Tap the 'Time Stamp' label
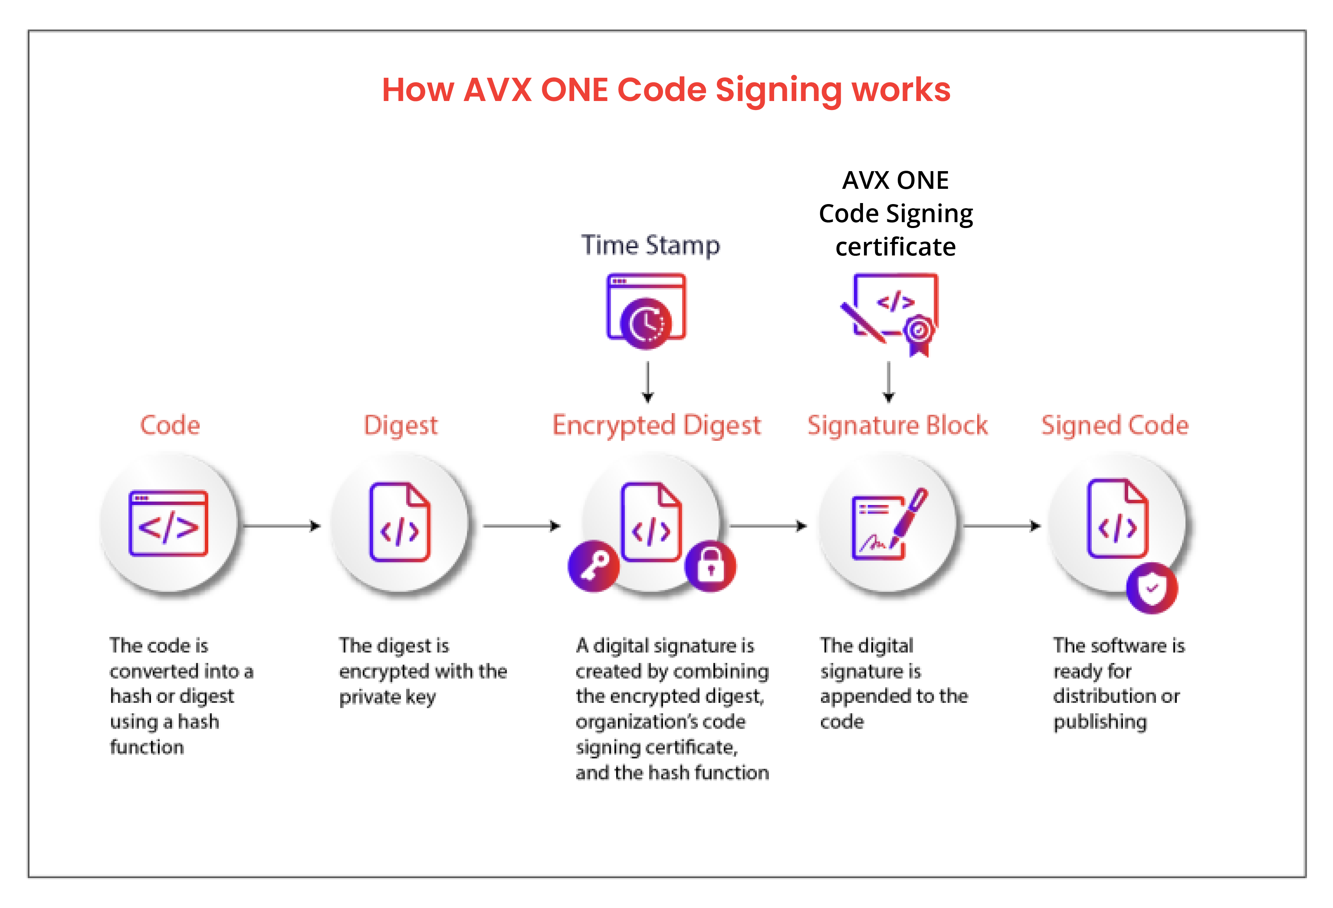651,245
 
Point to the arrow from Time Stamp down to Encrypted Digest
648,381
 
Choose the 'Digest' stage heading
400,425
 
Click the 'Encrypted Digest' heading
656,425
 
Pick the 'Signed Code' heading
1114,425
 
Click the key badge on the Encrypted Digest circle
594,566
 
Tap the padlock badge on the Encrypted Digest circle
711,566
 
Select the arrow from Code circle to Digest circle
281,526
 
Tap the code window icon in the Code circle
168,523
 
